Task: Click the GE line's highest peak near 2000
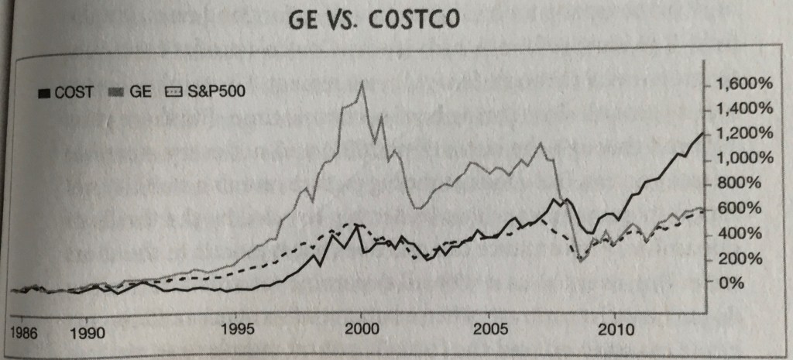362,83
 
